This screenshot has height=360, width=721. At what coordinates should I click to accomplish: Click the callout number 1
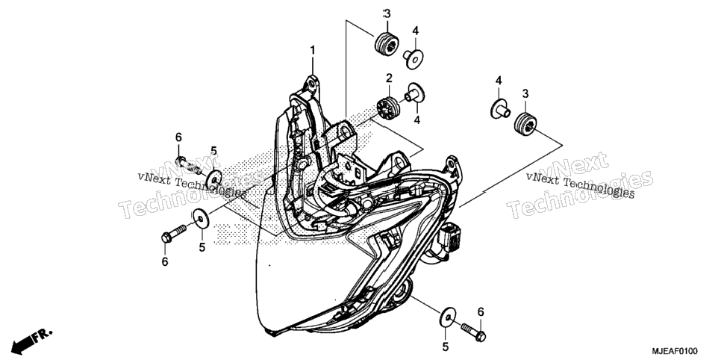click(x=313, y=50)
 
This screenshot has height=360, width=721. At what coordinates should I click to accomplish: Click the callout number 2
click(x=389, y=78)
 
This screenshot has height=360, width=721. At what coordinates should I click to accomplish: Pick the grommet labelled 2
click(x=388, y=108)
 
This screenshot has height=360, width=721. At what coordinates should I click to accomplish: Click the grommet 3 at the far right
click(x=525, y=124)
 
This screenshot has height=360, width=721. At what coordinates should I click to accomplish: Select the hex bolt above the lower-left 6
click(x=174, y=233)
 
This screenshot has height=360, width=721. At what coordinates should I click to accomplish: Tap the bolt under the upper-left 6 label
click(x=188, y=166)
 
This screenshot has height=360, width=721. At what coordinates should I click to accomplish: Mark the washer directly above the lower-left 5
click(x=201, y=219)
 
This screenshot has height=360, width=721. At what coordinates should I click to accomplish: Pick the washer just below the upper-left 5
click(x=213, y=179)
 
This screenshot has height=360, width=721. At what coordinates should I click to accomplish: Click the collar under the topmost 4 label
click(x=413, y=59)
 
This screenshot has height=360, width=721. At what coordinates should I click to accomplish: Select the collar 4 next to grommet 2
click(x=415, y=93)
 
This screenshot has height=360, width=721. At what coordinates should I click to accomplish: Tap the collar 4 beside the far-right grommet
click(x=500, y=108)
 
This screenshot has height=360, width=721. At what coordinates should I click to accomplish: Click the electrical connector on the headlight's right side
click(x=451, y=236)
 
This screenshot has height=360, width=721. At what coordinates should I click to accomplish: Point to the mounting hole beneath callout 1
click(x=312, y=84)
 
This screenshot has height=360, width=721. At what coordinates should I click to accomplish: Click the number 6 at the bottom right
click(x=481, y=312)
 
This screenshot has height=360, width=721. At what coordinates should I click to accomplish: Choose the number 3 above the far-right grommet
click(x=525, y=94)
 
